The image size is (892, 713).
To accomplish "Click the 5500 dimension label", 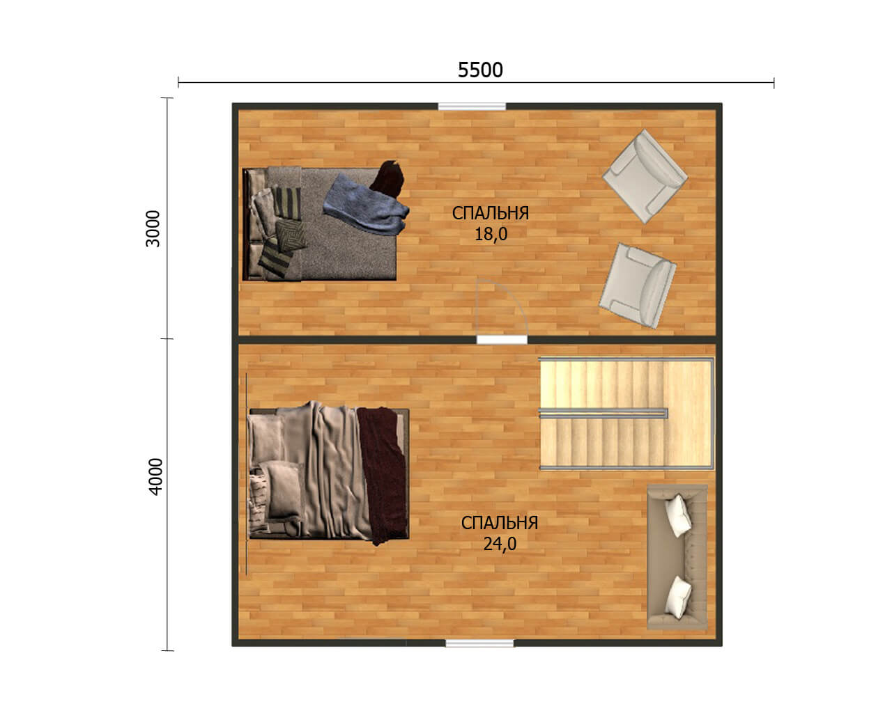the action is pyautogui.click(x=480, y=70).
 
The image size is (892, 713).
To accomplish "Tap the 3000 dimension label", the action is pyautogui.click(x=153, y=228).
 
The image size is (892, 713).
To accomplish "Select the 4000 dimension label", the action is pyautogui.click(x=155, y=476).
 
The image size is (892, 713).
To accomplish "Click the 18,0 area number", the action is pyautogui.click(x=491, y=234).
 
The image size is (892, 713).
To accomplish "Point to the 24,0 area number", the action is pyautogui.click(x=500, y=544).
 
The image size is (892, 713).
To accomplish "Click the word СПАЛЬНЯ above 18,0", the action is pyautogui.click(x=491, y=213).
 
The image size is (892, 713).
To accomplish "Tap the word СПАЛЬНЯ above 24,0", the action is pyautogui.click(x=500, y=523).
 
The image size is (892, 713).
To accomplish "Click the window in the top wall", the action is pyautogui.click(x=472, y=107).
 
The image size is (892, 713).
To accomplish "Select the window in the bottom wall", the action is pyautogui.click(x=479, y=643).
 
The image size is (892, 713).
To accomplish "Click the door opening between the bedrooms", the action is pyautogui.click(x=502, y=340).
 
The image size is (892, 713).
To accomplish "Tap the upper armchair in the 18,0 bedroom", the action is pyautogui.click(x=645, y=176).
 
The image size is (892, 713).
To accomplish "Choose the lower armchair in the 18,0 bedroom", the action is pyautogui.click(x=638, y=285).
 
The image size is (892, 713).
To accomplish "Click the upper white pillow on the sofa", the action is pyautogui.click(x=678, y=515).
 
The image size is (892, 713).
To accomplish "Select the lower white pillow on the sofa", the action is pyautogui.click(x=678, y=597).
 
